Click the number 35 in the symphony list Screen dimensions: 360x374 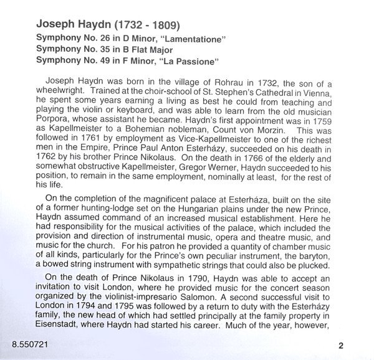click(x=102, y=49)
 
